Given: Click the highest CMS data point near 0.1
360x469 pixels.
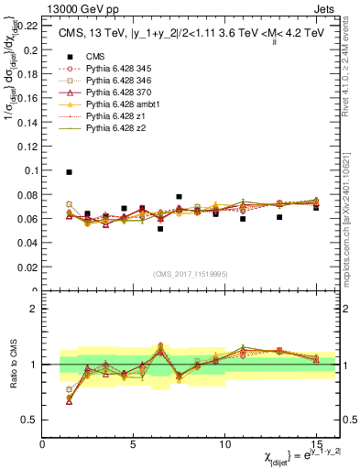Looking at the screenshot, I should click(70, 172).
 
